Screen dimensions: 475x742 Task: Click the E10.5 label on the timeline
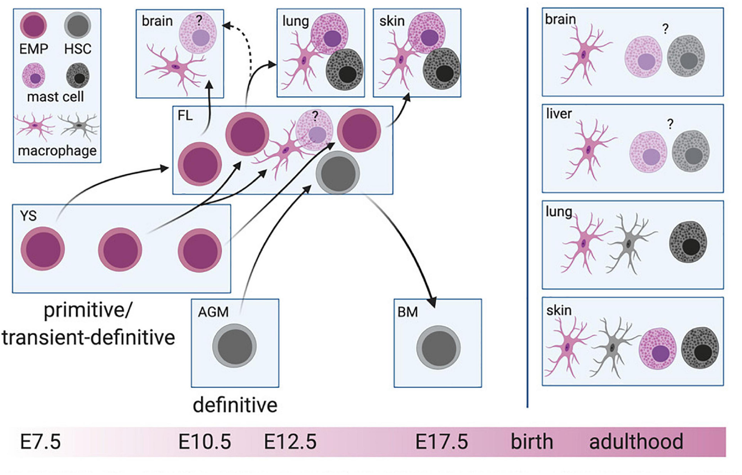(x=204, y=442)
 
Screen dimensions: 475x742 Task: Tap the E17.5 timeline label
(x=442, y=442)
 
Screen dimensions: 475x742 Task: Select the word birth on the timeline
(x=532, y=442)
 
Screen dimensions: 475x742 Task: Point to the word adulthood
(x=636, y=442)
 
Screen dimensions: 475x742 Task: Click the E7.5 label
(x=40, y=442)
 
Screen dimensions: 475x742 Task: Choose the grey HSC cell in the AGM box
(x=234, y=345)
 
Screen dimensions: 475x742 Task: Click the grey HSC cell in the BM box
(x=438, y=348)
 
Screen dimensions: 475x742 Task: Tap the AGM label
(x=213, y=312)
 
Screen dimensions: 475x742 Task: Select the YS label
(x=28, y=216)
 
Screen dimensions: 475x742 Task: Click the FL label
(x=185, y=116)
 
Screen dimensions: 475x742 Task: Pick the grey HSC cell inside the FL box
(x=338, y=172)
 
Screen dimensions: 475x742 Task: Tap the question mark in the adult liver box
(x=670, y=124)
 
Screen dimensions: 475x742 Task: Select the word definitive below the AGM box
(x=235, y=405)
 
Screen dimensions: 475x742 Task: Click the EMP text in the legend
(x=34, y=49)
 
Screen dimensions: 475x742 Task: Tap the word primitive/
(x=88, y=310)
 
